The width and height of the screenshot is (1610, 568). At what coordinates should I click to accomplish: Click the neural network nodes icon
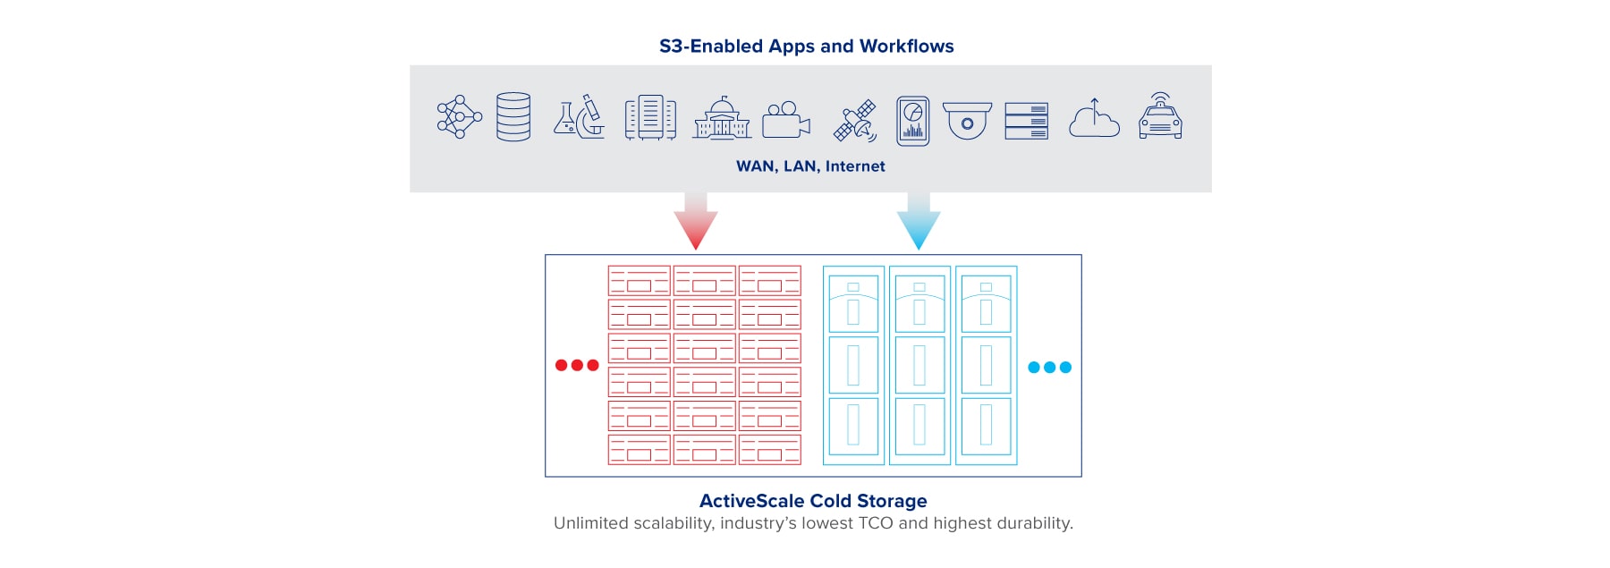[x=459, y=117]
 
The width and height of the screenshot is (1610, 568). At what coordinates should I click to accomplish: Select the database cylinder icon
[x=513, y=117]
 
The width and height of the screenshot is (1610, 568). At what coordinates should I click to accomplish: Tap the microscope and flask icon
[x=579, y=117]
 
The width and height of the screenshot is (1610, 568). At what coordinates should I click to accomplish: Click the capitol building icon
[x=722, y=118]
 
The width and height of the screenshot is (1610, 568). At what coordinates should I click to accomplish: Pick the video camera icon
[x=786, y=119]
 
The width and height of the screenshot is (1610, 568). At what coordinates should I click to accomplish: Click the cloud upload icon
[x=1094, y=119]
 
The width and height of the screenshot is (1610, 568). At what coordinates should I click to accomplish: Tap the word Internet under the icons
[x=855, y=166]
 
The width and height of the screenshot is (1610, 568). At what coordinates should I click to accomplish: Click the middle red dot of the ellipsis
[x=577, y=365]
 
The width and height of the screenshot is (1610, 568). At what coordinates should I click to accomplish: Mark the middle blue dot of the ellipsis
[x=1050, y=368]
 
